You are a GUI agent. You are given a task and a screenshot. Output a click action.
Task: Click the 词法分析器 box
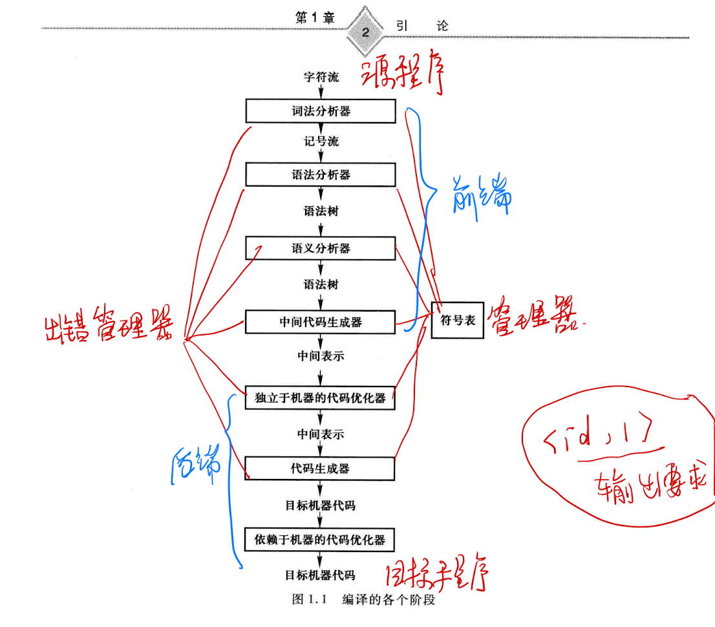click(320, 111)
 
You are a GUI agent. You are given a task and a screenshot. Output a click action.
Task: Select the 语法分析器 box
click(320, 175)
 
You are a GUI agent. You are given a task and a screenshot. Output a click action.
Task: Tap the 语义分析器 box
click(320, 248)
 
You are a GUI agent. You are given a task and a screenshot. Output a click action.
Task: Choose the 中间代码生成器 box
click(320, 322)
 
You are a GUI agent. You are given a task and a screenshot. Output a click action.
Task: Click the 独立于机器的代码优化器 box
click(320, 398)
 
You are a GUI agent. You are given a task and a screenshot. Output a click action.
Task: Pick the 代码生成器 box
click(320, 469)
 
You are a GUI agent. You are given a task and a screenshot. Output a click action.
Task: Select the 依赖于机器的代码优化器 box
click(320, 539)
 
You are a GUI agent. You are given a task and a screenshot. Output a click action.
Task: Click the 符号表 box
click(458, 320)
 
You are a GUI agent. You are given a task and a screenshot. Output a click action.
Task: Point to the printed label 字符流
click(321, 77)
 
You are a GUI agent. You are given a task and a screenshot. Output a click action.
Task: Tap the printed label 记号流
click(321, 141)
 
